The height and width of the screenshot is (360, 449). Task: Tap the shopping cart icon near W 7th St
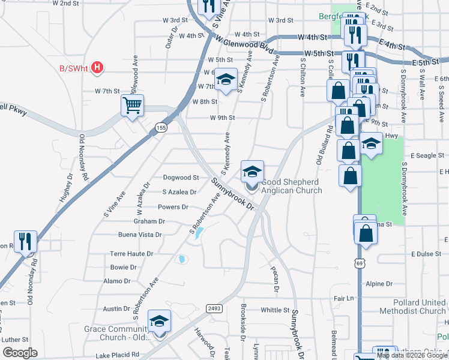click(132, 106)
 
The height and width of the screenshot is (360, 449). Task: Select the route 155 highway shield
click(160, 128)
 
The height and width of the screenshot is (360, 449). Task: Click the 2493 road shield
click(215, 307)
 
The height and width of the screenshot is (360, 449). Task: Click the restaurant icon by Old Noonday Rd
click(26, 242)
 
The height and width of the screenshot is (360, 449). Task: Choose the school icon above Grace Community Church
click(159, 322)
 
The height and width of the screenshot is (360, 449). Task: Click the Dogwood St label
click(181, 178)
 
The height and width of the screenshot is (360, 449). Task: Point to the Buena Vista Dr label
click(140, 235)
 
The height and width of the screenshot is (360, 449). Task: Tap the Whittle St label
click(276, 310)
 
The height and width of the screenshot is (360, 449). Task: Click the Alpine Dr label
click(375, 283)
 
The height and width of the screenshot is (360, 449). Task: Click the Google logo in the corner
click(20, 353)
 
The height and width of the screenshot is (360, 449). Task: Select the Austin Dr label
click(116, 308)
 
